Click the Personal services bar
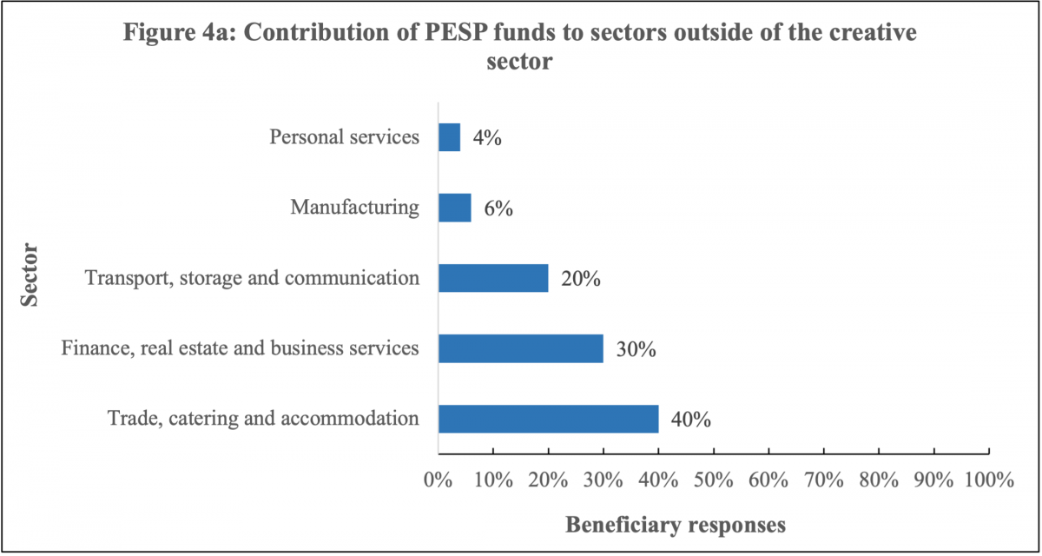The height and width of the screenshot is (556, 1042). pos(449,137)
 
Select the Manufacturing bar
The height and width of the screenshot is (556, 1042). pos(454,208)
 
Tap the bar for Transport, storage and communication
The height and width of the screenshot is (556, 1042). pos(493,278)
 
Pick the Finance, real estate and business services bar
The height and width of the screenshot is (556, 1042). pos(520,348)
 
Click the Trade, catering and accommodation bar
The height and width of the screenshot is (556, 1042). pos(548,419)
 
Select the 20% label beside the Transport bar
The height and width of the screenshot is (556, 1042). pos(581,279)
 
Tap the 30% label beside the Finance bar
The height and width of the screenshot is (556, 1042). pos(636,350)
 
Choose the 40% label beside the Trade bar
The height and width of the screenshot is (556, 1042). pos(691,420)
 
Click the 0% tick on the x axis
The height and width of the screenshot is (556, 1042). pos(438,480)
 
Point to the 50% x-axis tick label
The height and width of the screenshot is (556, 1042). pos(713,480)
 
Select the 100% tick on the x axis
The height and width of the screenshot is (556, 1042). pos(988,480)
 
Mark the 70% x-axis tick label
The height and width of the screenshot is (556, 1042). pos(823,480)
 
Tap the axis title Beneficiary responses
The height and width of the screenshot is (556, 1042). pos(676,525)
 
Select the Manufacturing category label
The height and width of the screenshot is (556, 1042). pos(354,208)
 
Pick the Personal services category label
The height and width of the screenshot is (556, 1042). pos(344,137)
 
